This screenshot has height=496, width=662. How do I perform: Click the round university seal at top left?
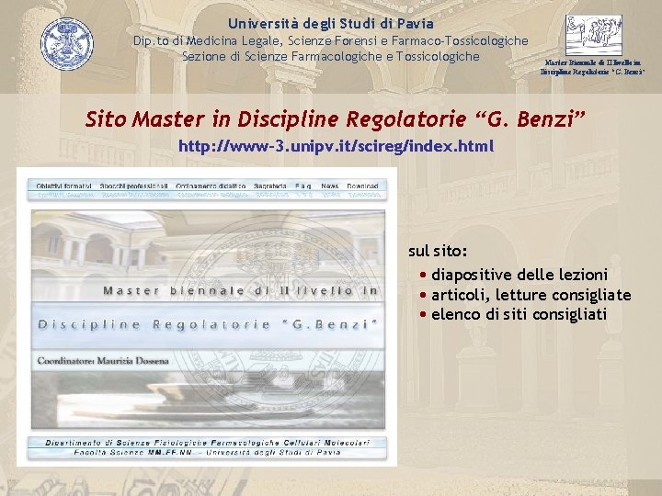(x=67, y=44)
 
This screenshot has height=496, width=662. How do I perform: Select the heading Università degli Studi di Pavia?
(x=331, y=23)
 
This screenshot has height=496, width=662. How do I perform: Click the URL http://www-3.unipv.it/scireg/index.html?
(x=336, y=146)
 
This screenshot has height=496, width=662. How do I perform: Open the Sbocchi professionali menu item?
(x=134, y=186)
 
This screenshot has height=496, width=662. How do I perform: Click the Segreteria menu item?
(x=271, y=186)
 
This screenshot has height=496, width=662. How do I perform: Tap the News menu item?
(x=330, y=186)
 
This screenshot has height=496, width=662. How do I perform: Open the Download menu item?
(x=363, y=186)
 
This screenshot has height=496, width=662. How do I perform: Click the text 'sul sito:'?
(x=438, y=251)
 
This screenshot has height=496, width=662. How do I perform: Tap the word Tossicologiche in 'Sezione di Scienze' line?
(x=434, y=56)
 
